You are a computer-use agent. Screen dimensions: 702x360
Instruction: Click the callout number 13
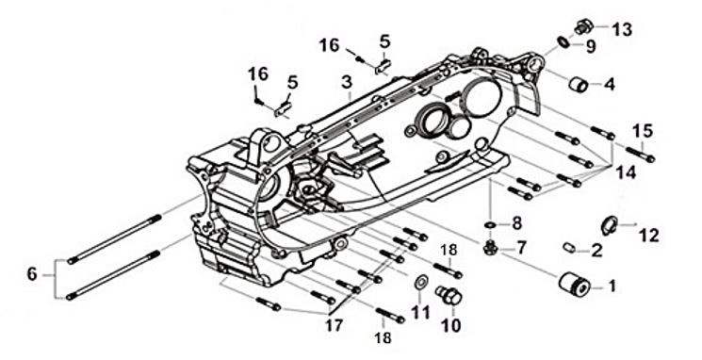coord(622,29)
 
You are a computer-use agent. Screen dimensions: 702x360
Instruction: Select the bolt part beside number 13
coord(584,27)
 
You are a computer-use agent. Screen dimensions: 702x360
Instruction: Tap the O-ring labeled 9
coord(563,41)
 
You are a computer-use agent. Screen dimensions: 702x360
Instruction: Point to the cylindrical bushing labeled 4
coord(579,84)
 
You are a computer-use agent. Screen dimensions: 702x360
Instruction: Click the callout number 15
coord(643,131)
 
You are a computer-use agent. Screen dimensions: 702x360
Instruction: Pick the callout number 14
coord(626,172)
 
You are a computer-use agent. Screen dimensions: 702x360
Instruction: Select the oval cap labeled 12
coord(610,225)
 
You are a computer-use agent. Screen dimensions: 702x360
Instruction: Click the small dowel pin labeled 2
coord(569,247)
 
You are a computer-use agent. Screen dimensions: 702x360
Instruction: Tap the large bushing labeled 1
coord(575,283)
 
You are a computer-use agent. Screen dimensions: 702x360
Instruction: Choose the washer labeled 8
coord(491,224)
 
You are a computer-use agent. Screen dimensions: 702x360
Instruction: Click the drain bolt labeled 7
coord(490,248)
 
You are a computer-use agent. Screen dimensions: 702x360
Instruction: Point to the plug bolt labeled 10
coord(449,296)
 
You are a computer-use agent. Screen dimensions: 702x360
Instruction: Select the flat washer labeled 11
coord(421,282)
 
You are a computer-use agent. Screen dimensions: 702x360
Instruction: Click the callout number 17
coord(335,325)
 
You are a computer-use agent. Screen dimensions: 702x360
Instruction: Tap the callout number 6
coord(32,273)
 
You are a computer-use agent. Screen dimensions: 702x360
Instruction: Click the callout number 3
coord(347,83)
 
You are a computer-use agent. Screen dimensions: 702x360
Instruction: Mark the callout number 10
coord(450,326)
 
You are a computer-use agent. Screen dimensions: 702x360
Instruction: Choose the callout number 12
coord(649,235)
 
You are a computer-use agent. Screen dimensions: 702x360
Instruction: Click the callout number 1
coord(612,286)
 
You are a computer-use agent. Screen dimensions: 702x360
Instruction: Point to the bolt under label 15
coord(640,154)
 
